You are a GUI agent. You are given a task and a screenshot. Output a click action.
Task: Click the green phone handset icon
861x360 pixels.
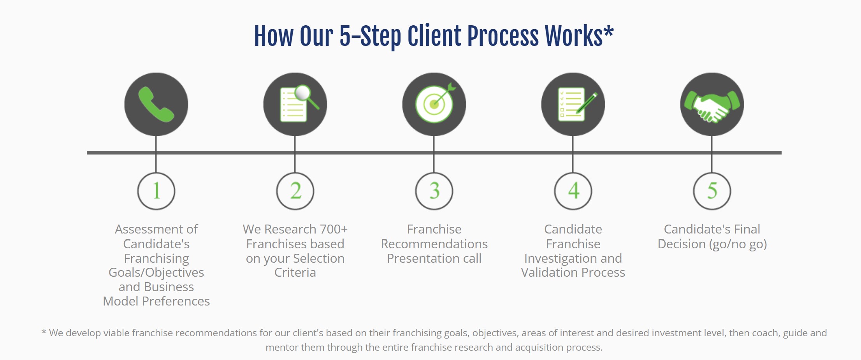(156, 104)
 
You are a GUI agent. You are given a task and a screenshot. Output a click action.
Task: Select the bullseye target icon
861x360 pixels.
(435, 103)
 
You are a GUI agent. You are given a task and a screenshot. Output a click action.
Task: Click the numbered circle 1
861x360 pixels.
(156, 191)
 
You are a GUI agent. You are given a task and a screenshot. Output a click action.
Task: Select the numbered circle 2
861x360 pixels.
(295, 191)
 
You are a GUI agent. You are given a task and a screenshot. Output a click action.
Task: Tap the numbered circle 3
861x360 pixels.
(434, 191)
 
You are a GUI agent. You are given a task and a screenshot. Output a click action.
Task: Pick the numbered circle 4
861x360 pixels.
(573, 191)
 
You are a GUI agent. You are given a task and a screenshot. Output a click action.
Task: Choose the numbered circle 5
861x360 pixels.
(712, 191)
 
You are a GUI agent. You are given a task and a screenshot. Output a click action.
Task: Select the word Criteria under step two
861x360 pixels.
(295, 272)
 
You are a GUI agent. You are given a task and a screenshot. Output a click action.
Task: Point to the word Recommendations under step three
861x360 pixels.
(434, 244)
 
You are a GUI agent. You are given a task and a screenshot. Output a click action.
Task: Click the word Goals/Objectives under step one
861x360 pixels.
(156, 273)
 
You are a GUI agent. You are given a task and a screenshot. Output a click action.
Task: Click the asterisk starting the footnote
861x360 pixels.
(44, 332)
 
